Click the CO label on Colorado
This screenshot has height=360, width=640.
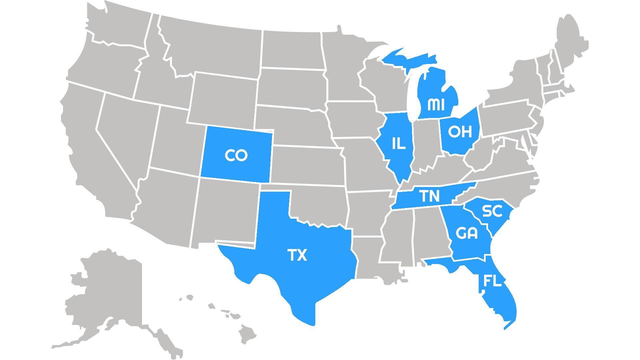click(x=236, y=155)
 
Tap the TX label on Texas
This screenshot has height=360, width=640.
click(x=297, y=255)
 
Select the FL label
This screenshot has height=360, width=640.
click(x=492, y=281)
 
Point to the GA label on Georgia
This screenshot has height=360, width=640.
click(x=467, y=233)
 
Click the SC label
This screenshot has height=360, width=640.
click(x=492, y=211)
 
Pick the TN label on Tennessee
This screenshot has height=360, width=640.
click(x=429, y=196)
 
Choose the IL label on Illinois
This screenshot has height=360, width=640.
click(x=399, y=144)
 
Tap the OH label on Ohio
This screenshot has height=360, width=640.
click(x=460, y=132)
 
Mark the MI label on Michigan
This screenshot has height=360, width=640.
click(x=436, y=105)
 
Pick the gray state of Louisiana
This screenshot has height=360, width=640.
click(x=370, y=257)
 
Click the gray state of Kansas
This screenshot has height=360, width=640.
click(x=307, y=165)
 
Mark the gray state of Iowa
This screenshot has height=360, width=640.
click(x=353, y=120)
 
